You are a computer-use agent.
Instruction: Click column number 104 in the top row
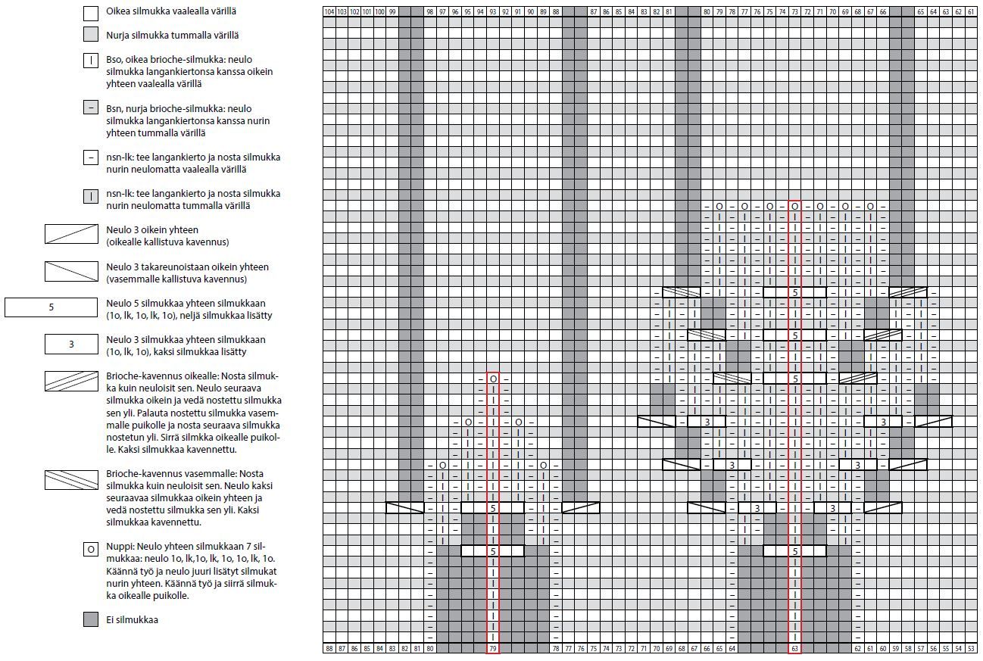tap(329, 11)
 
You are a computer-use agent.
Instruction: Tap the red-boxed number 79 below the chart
tap(493, 648)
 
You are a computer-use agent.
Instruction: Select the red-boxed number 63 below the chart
tap(794, 648)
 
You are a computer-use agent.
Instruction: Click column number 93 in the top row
tap(493, 11)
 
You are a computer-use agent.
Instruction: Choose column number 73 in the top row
tap(794, 11)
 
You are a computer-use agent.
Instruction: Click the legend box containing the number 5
tap(51, 307)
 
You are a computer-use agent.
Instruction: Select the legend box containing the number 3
tap(71, 344)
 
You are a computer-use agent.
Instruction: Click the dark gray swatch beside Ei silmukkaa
tap(91, 619)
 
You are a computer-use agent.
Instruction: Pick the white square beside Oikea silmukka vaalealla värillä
tap(91, 13)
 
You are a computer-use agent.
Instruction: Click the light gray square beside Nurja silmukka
tap(91, 35)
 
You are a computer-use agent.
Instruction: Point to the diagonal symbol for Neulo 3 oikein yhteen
tap(71, 234)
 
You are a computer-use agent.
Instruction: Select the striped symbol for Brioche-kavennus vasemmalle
tap(71, 479)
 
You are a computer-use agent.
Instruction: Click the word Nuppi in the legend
tap(120, 547)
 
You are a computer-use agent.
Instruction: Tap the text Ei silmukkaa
tap(132, 620)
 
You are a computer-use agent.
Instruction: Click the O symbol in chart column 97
tap(442, 464)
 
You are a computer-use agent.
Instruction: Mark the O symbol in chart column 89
tap(543, 464)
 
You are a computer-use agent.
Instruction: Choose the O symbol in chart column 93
tap(493, 378)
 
